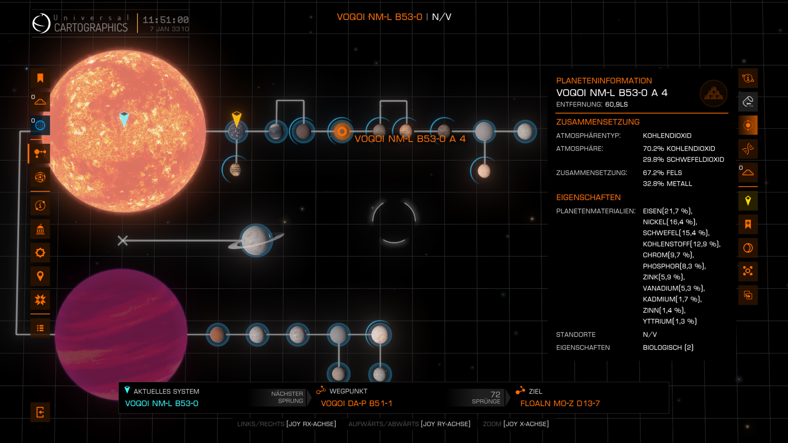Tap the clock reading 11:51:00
165,20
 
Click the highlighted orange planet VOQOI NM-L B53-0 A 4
342,131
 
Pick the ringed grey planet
256,240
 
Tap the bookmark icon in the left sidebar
40,78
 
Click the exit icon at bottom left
40,412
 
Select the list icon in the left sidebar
40,328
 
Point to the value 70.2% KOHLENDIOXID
678,149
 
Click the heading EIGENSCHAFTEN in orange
588,198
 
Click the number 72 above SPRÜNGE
495,394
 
